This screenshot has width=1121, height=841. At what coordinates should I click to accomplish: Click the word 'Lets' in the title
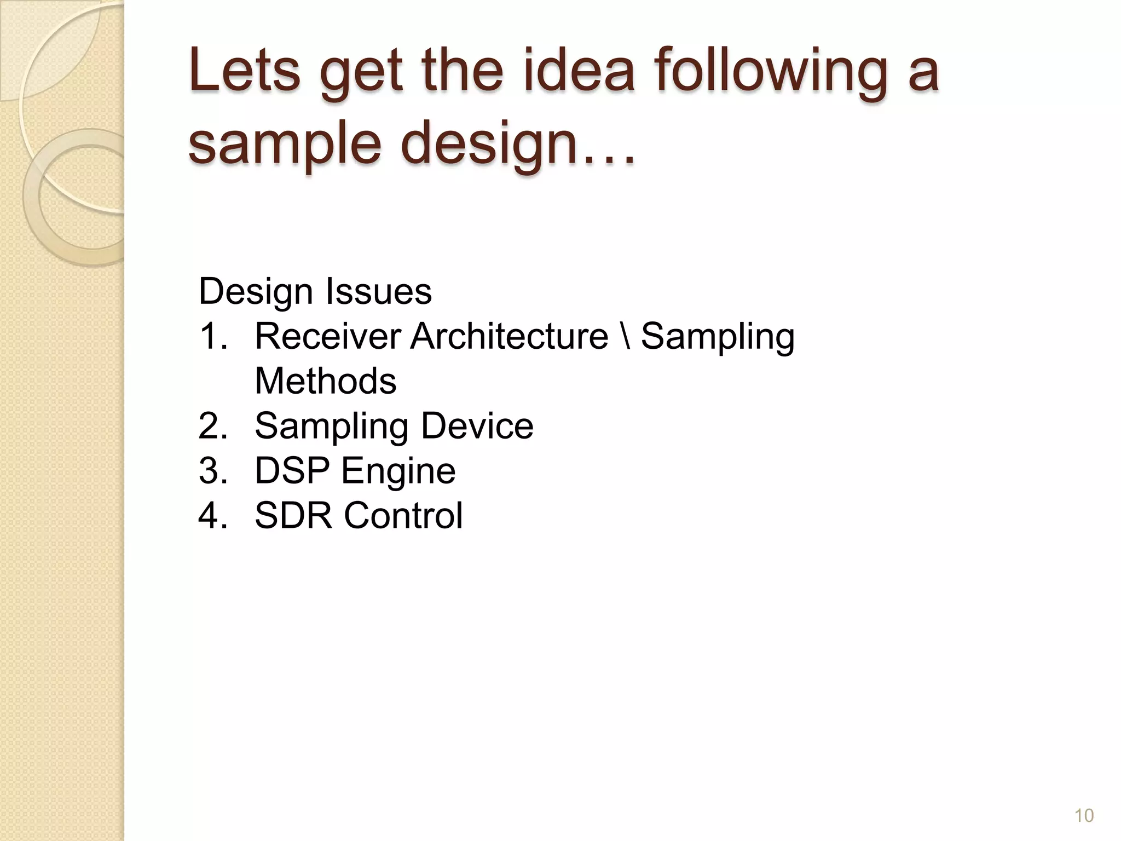click(x=244, y=71)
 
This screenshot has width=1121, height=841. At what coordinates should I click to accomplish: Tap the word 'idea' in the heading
click(x=579, y=71)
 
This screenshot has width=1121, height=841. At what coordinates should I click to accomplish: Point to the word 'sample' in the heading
click(x=284, y=143)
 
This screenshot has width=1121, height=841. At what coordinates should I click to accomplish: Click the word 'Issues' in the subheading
click(x=379, y=291)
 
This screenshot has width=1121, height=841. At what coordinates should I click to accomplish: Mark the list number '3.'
click(x=213, y=470)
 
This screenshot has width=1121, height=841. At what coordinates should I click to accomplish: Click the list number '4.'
click(x=213, y=515)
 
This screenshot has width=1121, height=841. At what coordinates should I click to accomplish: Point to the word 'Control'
click(x=403, y=515)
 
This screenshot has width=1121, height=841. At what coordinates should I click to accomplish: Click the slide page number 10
click(x=1084, y=816)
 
